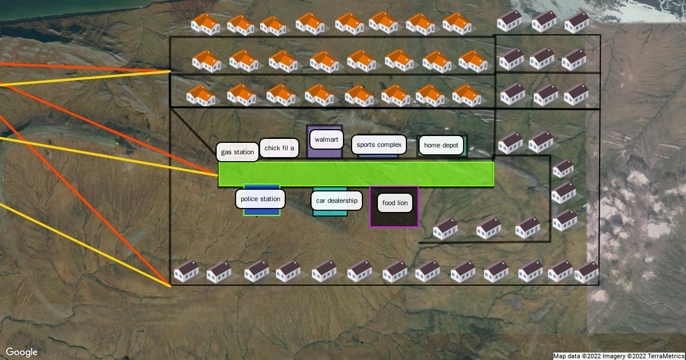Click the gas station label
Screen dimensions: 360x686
(238, 152)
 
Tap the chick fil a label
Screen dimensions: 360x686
(280, 148)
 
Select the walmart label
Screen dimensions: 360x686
(326, 139)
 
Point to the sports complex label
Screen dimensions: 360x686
(379, 145)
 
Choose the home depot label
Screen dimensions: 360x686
(441, 145)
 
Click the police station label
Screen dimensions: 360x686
(260, 199)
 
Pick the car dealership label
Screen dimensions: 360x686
(336, 201)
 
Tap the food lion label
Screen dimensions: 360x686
(394, 203)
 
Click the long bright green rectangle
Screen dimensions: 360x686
(356, 174)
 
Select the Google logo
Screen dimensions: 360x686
(22, 352)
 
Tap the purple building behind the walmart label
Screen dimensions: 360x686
(325, 153)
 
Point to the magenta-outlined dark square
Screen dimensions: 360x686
(394, 219)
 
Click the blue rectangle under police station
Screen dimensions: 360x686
(261, 211)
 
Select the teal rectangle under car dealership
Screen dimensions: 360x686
(330, 213)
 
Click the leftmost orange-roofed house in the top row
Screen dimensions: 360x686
(205, 25)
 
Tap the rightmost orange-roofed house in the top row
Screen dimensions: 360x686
(457, 23)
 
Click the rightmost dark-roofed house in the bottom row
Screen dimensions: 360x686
(587, 273)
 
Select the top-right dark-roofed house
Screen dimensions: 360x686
(577, 22)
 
